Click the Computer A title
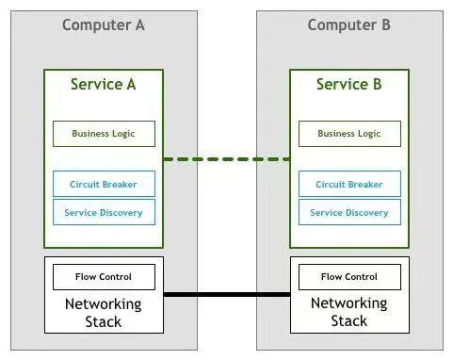pyautogui.click(x=104, y=25)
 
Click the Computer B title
pyautogui.click(x=348, y=25)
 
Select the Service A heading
pyautogui.click(x=103, y=84)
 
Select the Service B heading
pyautogui.click(x=348, y=84)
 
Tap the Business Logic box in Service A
pyautogui.click(x=104, y=134)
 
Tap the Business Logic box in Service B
pyautogui.click(x=349, y=134)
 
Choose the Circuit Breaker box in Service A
pyautogui.click(x=104, y=184)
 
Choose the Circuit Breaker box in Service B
pyautogui.click(x=349, y=184)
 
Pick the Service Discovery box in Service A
pyautogui.click(x=104, y=212)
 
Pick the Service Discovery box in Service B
pyautogui.click(x=349, y=212)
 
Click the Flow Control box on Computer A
pyautogui.click(x=104, y=277)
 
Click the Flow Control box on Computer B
pyautogui.click(x=349, y=277)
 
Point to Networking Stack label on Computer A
pyautogui.click(x=104, y=313)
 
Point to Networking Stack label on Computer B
pyautogui.click(x=348, y=312)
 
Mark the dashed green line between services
pyautogui.click(x=226, y=159)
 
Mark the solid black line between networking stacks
pyautogui.click(x=227, y=294)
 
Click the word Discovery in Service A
pyautogui.click(x=121, y=213)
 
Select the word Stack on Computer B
pyautogui.click(x=348, y=321)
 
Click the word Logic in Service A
pyautogui.click(x=123, y=134)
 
